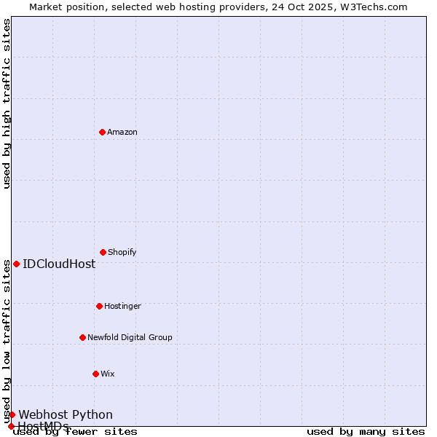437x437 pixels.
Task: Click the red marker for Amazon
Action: pos(102,132)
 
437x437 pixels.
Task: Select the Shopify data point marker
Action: pos(103,252)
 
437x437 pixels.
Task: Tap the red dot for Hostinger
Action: pos(99,306)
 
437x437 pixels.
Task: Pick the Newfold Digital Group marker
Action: pos(82,337)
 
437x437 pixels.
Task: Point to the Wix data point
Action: pos(95,374)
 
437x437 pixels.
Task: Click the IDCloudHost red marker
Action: pos(16,264)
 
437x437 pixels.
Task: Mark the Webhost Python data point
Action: pos(12,414)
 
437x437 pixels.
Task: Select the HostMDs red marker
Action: pos(11,426)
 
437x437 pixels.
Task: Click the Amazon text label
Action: pos(122,132)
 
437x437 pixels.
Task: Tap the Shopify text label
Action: pos(122,252)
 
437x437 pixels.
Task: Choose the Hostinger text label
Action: pos(122,306)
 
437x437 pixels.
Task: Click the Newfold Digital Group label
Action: pos(130,337)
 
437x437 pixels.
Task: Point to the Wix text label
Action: pos(108,374)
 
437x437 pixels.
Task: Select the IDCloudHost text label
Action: pos(59,264)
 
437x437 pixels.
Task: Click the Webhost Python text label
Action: pos(66,414)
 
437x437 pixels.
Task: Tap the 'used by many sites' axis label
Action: pos(366,431)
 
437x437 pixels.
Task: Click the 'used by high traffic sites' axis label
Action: pos(7,103)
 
